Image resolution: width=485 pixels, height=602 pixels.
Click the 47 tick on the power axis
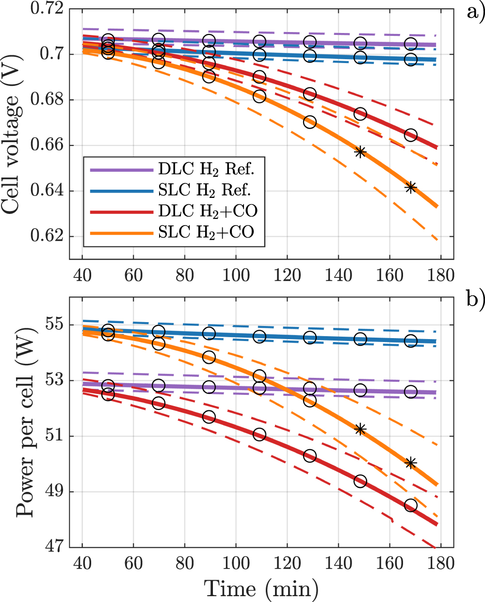click(x=55, y=547)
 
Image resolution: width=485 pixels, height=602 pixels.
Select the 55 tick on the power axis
click(x=55, y=325)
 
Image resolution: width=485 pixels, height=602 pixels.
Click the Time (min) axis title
click(x=261, y=588)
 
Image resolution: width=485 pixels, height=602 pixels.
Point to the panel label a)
click(x=474, y=11)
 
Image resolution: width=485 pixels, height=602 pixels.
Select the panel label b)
click(x=474, y=299)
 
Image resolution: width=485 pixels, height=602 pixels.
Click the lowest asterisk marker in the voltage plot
click(x=411, y=188)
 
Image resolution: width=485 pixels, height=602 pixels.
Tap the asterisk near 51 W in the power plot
click(x=360, y=429)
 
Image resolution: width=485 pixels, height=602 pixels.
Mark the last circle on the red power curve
click(x=411, y=506)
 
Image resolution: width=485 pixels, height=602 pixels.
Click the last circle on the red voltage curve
click(x=411, y=135)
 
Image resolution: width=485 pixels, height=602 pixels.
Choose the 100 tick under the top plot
click(x=236, y=275)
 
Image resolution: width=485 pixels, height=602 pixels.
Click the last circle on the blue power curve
click(x=411, y=341)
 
